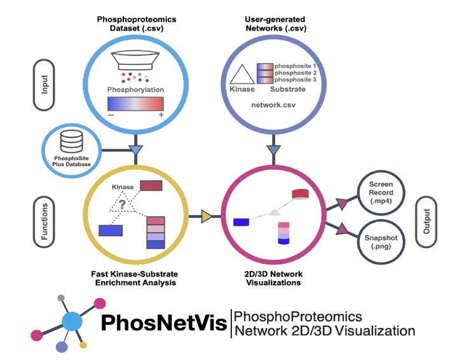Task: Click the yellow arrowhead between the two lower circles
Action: pyautogui.click(x=208, y=218)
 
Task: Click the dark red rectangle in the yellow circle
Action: pyautogui.click(x=151, y=186)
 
